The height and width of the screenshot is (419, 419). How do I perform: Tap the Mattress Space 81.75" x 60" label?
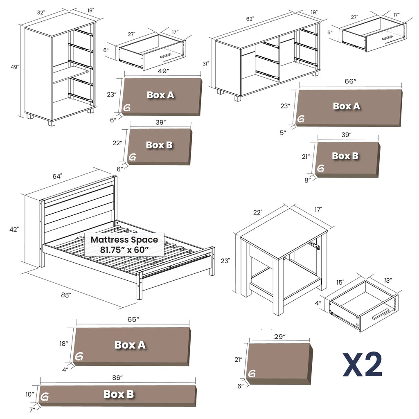coord(124,244)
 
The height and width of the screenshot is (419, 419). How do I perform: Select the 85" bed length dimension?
coord(66,295)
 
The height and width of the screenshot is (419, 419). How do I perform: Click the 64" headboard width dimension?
coord(57,176)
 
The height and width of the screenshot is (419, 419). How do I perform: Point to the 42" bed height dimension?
coord(15,230)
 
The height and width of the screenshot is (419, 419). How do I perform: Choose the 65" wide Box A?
coord(131,345)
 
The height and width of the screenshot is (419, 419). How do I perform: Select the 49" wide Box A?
coord(161,96)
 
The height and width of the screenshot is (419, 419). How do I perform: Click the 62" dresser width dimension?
coord(250,19)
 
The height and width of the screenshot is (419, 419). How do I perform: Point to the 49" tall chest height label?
coord(15,67)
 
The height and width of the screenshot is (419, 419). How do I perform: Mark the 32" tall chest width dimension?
coord(41,13)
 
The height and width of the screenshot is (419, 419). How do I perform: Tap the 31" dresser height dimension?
coord(205,64)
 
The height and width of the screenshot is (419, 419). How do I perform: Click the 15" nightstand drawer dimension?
coord(340,282)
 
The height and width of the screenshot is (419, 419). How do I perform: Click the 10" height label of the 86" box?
coord(29,394)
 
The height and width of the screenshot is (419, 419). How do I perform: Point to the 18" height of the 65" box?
coord(63,344)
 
